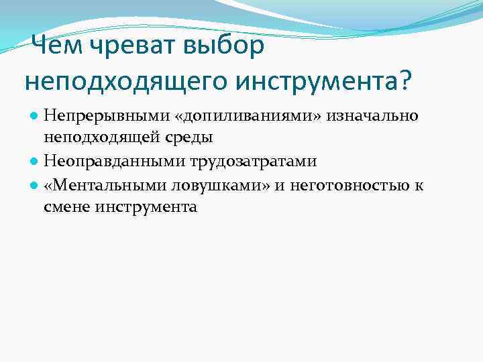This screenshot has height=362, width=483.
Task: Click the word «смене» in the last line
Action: click(x=66, y=207)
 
